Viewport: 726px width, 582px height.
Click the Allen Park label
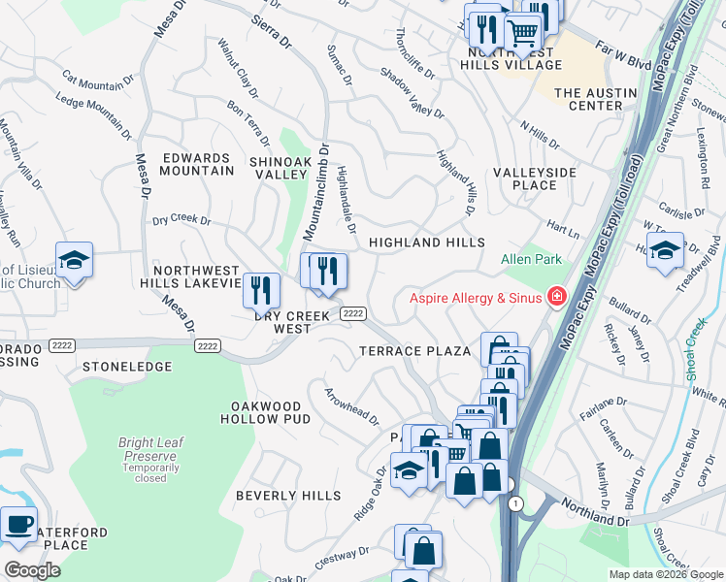530,260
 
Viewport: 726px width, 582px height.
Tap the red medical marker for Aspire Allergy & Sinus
557,296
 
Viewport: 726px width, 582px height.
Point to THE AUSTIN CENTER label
595,99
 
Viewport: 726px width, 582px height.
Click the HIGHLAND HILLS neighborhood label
425,242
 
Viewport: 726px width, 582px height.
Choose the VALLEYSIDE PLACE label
534,178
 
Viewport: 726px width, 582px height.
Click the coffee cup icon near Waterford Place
18,523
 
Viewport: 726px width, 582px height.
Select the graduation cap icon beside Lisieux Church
74,259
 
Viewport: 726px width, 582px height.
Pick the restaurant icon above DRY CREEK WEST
261,289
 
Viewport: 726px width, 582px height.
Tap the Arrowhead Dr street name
351,405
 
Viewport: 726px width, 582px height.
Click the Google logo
31,569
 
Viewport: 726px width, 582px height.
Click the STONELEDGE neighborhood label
127,368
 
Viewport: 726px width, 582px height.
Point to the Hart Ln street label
562,229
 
